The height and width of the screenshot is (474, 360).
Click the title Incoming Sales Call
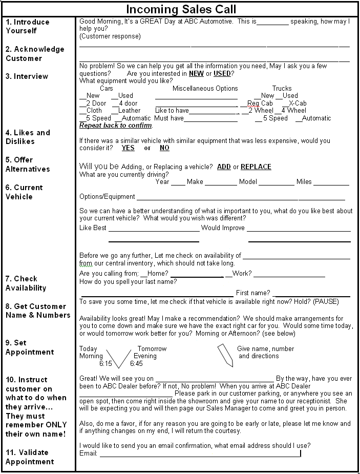tap(181, 9)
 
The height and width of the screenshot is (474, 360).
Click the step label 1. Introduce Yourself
tap(28, 26)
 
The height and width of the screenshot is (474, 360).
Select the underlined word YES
tap(128, 148)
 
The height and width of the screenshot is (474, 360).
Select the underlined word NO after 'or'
tap(164, 148)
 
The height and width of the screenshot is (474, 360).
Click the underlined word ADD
tap(224, 167)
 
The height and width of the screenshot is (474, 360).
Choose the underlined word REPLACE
tap(256, 167)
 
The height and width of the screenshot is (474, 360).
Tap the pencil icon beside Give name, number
tap(225, 355)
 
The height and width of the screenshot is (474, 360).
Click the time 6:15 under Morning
tap(105, 363)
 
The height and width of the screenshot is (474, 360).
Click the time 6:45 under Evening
tap(136, 363)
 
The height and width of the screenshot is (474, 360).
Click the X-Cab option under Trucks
tap(298, 103)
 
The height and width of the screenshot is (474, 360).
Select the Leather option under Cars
tap(129, 110)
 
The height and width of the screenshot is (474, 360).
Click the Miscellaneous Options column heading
tap(205, 88)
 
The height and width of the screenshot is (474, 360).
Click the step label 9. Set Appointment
tap(29, 347)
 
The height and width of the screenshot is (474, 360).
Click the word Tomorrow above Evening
tap(152, 348)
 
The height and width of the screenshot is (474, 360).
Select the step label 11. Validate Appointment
tap(29, 457)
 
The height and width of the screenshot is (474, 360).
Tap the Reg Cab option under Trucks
tap(260, 103)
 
